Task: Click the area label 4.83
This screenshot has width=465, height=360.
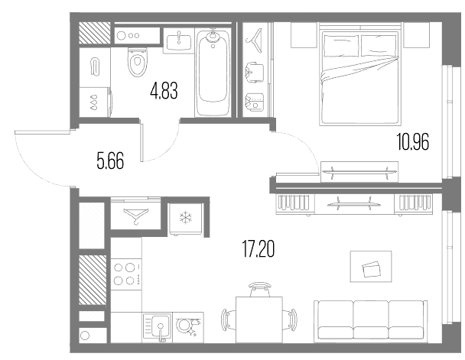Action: click(x=164, y=91)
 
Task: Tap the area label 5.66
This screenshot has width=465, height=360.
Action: click(x=110, y=161)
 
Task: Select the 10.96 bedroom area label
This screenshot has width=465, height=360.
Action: click(x=413, y=142)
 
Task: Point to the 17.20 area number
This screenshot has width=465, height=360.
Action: click(x=259, y=249)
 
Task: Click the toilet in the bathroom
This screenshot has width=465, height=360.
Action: click(x=138, y=62)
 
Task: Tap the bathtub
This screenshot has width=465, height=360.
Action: click(x=213, y=73)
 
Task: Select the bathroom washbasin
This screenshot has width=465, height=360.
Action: click(x=179, y=42)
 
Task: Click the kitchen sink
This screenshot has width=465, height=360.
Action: click(x=158, y=328)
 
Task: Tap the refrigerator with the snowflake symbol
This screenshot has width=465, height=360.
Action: click(x=186, y=219)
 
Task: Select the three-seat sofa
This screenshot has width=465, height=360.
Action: click(x=371, y=321)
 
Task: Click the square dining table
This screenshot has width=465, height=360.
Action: click(x=259, y=319)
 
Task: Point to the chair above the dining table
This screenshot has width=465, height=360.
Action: click(x=260, y=289)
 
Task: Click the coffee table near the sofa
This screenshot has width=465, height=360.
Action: click(x=371, y=266)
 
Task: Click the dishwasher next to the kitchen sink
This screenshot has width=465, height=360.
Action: click(x=188, y=327)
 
